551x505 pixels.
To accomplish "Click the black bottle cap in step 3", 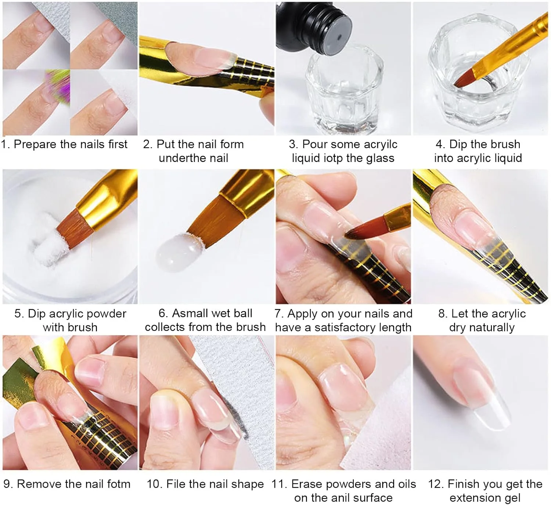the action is [x=313, y=28].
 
